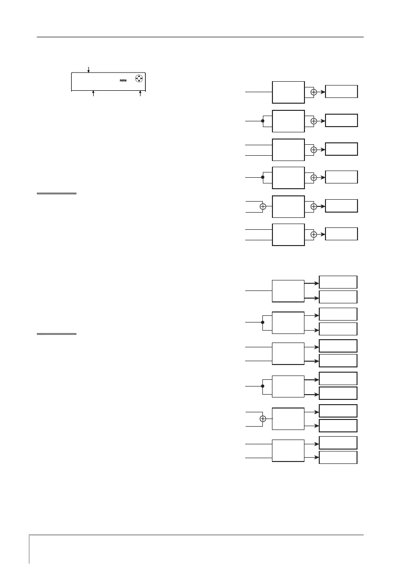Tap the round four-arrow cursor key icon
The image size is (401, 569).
tap(139, 79)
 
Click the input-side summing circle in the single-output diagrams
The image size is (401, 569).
tap(262, 206)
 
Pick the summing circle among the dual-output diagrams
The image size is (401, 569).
tap(262, 419)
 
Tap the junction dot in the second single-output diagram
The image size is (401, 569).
tap(262, 121)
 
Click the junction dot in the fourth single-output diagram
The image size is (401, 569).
tap(262, 177)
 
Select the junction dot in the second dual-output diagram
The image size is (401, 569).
tap(262, 322)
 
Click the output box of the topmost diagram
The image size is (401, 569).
tap(341, 91)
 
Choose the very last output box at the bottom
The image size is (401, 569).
tap(338, 457)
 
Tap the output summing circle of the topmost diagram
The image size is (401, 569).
tap(314, 92)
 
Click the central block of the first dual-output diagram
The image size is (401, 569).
tap(288, 291)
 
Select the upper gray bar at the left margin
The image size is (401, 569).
tap(56, 193)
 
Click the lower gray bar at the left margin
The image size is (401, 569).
tap(56, 334)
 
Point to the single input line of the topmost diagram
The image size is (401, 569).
tap(258, 92)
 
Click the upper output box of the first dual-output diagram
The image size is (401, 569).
tap(338, 282)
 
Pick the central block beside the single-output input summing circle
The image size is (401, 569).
tap(288, 206)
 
